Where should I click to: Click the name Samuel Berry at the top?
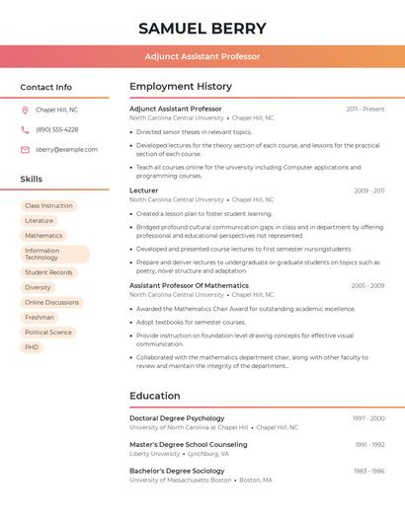202,29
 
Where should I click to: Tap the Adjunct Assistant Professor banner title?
202,56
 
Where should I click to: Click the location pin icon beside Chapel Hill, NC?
25,110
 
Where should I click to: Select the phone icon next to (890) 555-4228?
25,129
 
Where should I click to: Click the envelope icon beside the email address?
25,149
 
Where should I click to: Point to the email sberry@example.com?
66,149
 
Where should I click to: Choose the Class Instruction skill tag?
48,205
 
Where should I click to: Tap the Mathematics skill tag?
43,236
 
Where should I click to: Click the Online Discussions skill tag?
51,302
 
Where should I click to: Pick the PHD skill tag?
33,347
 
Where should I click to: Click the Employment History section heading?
181,87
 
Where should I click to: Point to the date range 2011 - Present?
364,109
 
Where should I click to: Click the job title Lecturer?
143,190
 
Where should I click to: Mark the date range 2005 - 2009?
367,286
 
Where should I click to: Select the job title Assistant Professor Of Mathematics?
189,285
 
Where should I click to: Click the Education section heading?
155,396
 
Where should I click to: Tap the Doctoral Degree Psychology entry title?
177,418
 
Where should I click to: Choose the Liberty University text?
155,454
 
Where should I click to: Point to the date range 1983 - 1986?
368,472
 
